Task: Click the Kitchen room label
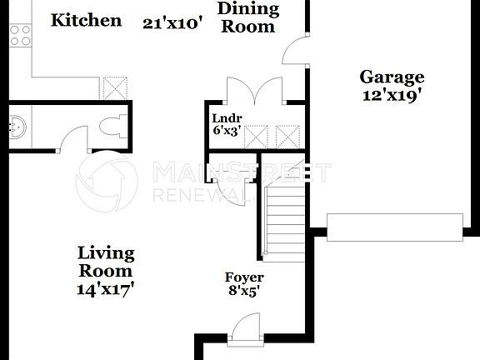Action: click(x=86, y=20)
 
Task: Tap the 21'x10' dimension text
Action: click(x=172, y=23)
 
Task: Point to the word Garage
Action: click(x=392, y=77)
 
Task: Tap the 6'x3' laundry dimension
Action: click(x=227, y=131)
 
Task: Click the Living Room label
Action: click(x=106, y=262)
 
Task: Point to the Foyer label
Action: click(x=244, y=277)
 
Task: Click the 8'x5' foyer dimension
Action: click(x=244, y=292)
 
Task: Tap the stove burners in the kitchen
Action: click(x=20, y=34)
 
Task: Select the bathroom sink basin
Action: click(x=17, y=127)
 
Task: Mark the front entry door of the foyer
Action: click(x=245, y=328)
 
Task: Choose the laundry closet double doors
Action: click(x=256, y=88)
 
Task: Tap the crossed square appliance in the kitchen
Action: click(x=113, y=88)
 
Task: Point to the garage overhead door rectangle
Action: click(x=394, y=227)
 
